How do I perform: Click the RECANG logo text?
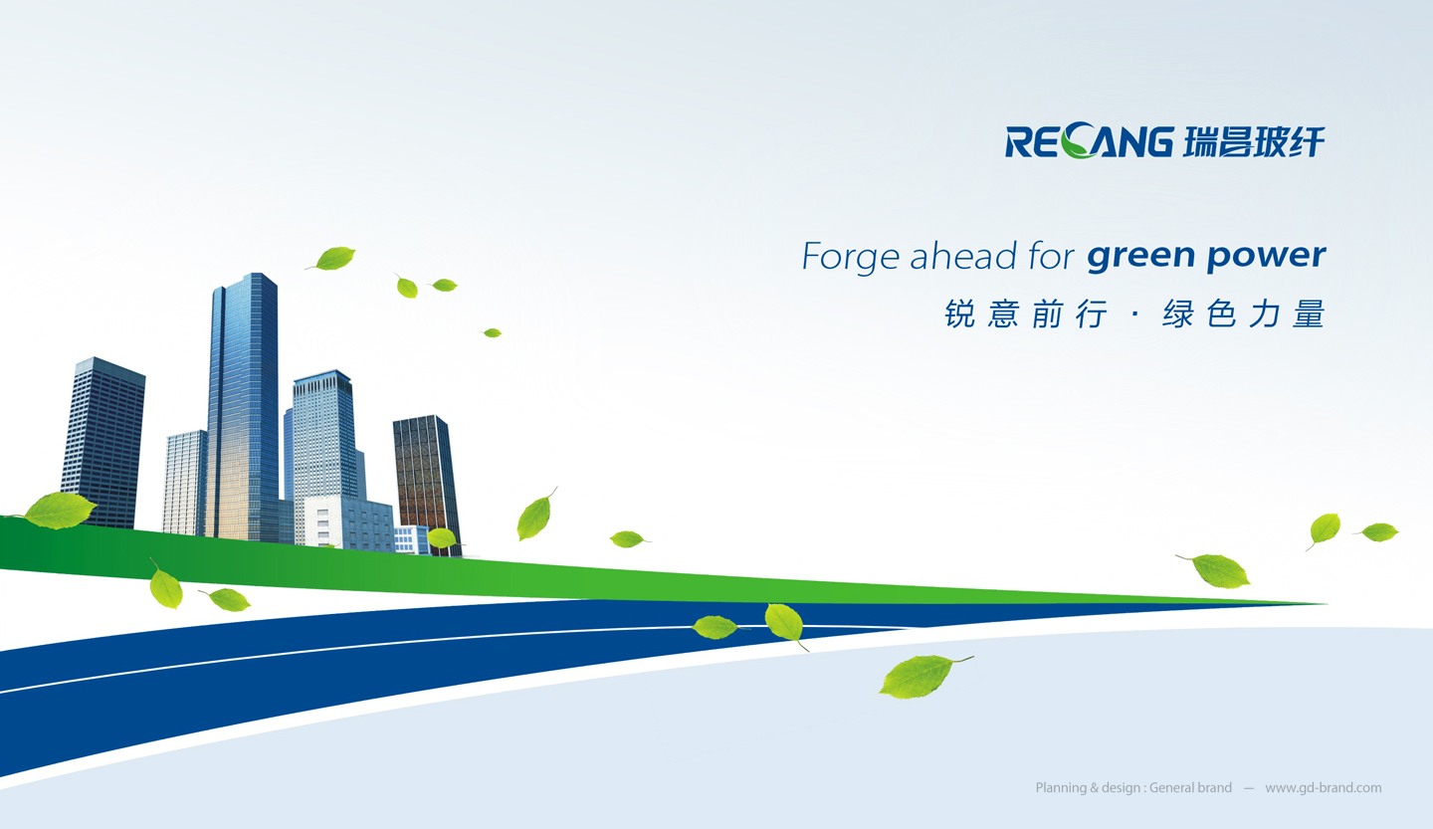click(x=1089, y=140)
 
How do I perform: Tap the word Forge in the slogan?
click(x=850, y=257)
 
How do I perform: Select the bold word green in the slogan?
click(x=1140, y=257)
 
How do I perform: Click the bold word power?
click(x=1266, y=257)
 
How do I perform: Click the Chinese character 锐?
click(x=959, y=313)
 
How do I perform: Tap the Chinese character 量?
click(x=1309, y=313)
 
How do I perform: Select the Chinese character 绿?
click(x=1178, y=313)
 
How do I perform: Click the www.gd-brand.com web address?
click(x=1323, y=788)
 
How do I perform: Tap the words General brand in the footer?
click(x=1190, y=787)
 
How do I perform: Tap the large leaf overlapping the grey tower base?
click(x=60, y=511)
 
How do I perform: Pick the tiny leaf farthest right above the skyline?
click(x=492, y=332)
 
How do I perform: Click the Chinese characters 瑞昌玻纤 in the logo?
click(x=1253, y=140)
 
